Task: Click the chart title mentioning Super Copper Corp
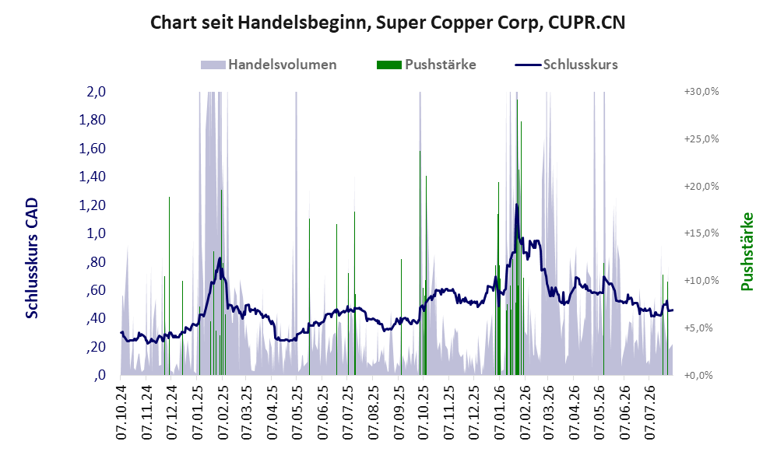click(388, 23)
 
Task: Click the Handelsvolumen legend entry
click(269, 65)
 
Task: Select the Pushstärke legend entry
click(426, 65)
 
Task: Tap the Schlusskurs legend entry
click(566, 65)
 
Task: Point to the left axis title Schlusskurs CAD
click(32, 258)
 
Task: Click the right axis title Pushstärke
click(747, 251)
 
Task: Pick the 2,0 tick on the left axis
click(96, 92)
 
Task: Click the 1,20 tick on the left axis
click(92, 205)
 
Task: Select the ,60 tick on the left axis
click(96, 290)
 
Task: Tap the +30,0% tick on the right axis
click(701, 92)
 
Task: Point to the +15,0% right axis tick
click(701, 233)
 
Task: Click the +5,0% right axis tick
click(704, 328)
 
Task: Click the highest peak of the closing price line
click(516, 204)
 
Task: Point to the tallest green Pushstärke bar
click(517, 237)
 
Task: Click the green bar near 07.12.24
click(169, 286)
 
